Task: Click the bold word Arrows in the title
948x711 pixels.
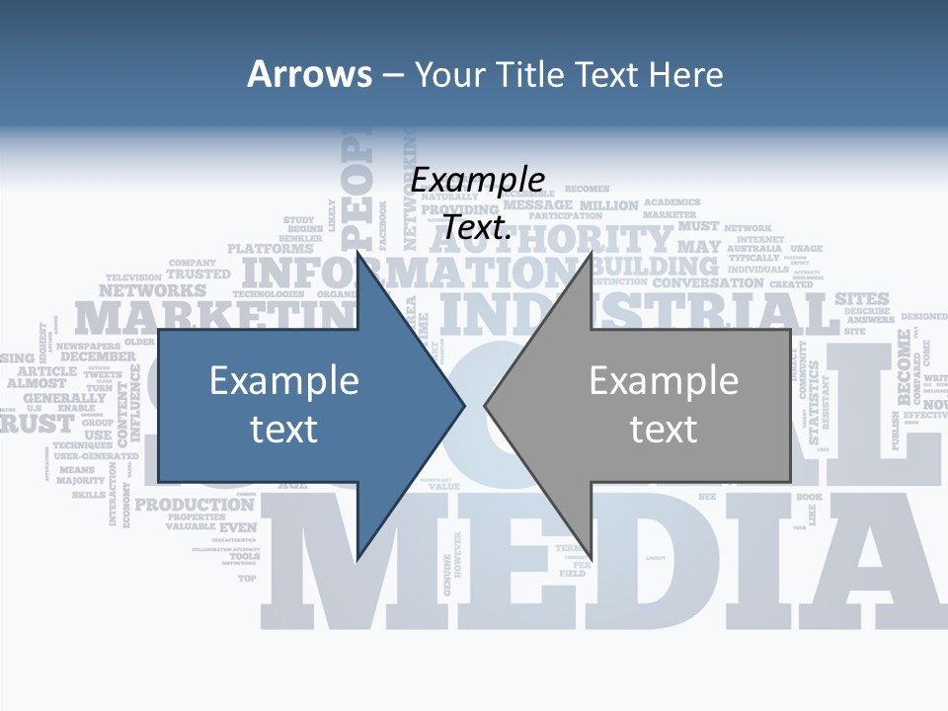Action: pyautogui.click(x=309, y=74)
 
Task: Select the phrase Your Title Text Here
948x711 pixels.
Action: pyautogui.click(x=569, y=74)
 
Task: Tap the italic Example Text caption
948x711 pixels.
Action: pyautogui.click(x=478, y=203)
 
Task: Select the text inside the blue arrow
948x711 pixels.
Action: pyautogui.click(x=284, y=404)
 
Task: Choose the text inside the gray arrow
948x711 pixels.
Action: pyautogui.click(x=664, y=404)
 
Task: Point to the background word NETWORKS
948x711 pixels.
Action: pyautogui.click(x=152, y=291)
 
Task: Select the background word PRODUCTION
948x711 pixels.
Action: pyautogui.click(x=195, y=505)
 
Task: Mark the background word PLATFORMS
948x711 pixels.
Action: pyautogui.click(x=270, y=249)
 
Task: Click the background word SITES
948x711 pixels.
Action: pyautogui.click(x=862, y=298)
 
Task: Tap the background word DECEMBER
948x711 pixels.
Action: pyautogui.click(x=98, y=356)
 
